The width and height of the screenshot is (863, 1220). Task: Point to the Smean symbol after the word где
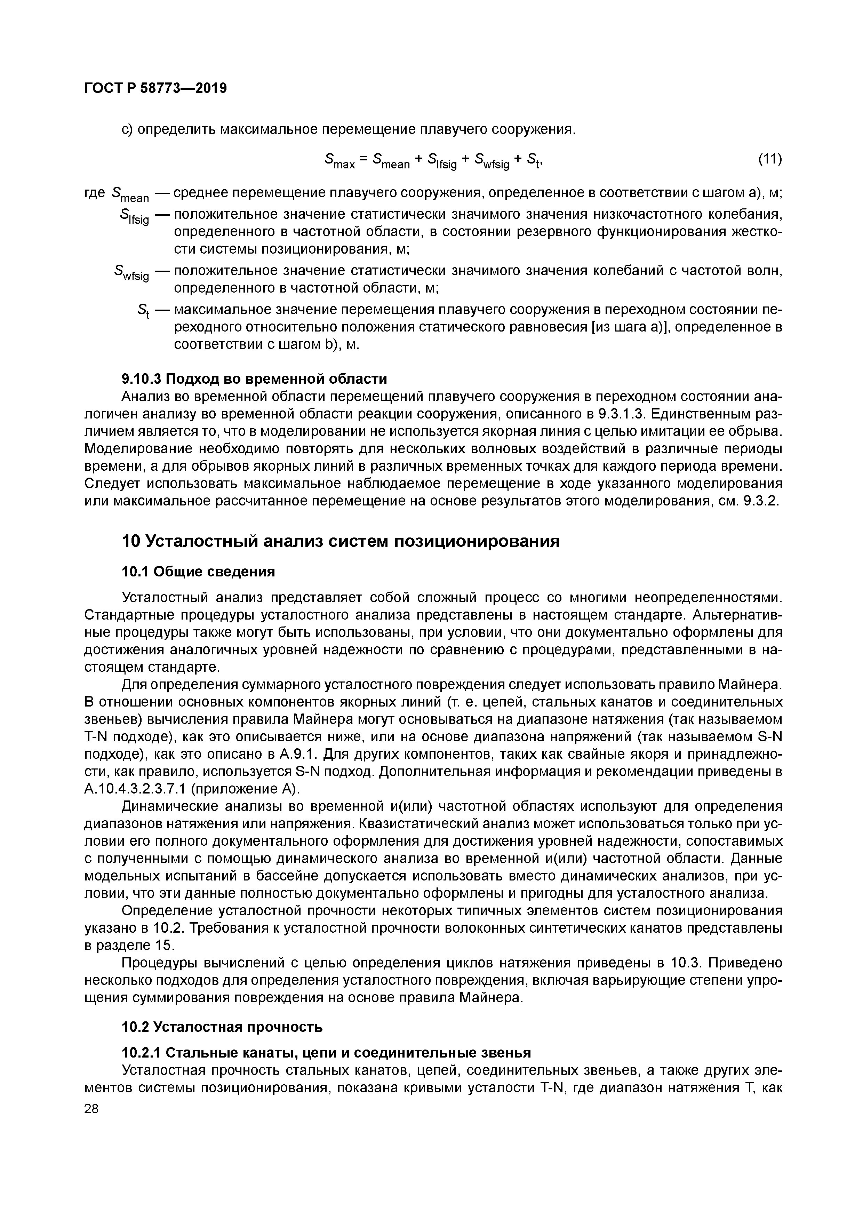pos(131,195)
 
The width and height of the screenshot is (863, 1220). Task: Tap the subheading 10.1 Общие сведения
pos(199,572)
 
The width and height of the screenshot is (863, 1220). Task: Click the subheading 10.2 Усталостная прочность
pos(222,1027)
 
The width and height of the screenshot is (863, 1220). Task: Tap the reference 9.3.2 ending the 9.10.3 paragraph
pos(761,501)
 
